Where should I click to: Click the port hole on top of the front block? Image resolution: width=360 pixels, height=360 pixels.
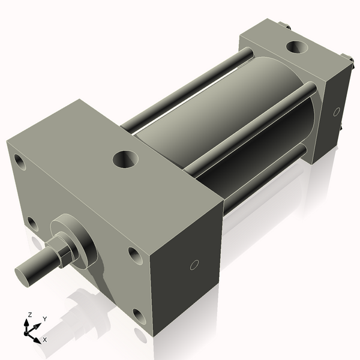pyautogui.click(x=125, y=160)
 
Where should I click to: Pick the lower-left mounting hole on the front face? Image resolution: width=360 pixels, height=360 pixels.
pyautogui.click(x=32, y=224)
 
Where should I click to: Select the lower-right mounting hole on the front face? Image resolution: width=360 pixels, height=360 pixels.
pyautogui.click(x=139, y=316)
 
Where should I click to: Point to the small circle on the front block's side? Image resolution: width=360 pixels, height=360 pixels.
pyautogui.click(x=194, y=265)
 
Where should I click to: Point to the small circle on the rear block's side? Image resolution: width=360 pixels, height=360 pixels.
pyautogui.click(x=337, y=111)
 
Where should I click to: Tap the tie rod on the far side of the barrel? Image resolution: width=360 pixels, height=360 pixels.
pyautogui.click(x=186, y=90)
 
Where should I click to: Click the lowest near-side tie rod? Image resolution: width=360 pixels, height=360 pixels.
pyautogui.click(x=264, y=180)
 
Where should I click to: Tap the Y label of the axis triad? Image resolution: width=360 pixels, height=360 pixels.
pyautogui.click(x=45, y=319)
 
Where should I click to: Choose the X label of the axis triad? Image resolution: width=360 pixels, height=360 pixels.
pyautogui.click(x=45, y=340)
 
